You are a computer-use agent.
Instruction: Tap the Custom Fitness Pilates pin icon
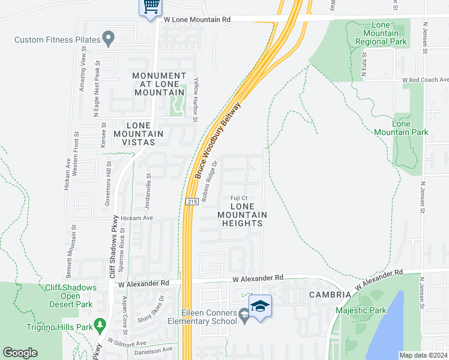click(x=109, y=38)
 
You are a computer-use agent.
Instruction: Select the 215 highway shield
click(x=191, y=202)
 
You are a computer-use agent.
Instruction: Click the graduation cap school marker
click(x=259, y=307)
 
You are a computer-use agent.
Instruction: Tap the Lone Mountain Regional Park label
click(x=381, y=34)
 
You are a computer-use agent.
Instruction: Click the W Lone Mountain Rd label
click(x=197, y=20)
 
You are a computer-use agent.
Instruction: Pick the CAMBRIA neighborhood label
click(x=330, y=295)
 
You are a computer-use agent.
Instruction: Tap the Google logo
click(x=20, y=353)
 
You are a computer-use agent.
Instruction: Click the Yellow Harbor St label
click(x=195, y=101)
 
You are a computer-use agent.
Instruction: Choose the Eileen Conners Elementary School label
click(x=209, y=316)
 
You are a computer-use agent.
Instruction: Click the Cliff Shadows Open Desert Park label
click(x=71, y=296)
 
